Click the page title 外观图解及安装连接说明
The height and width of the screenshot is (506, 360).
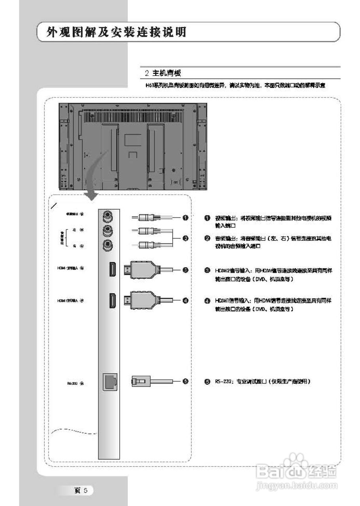(116, 32)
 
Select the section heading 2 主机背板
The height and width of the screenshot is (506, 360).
(163, 73)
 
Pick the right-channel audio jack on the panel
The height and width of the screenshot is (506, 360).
(107, 245)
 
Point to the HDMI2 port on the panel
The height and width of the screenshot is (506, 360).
(112, 270)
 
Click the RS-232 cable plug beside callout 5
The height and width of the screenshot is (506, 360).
(139, 381)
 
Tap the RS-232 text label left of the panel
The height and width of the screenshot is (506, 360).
(72, 383)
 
